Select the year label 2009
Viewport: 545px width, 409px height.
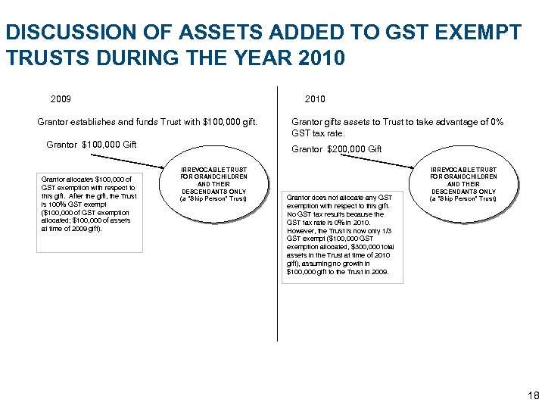point(61,99)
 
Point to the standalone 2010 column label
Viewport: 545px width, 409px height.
point(315,99)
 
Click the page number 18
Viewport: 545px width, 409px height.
point(531,396)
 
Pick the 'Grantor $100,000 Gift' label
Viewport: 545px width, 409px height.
point(92,145)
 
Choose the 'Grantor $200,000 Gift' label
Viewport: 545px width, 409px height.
point(337,149)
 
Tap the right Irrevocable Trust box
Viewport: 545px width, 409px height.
point(463,183)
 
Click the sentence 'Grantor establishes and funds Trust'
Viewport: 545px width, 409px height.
point(147,122)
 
